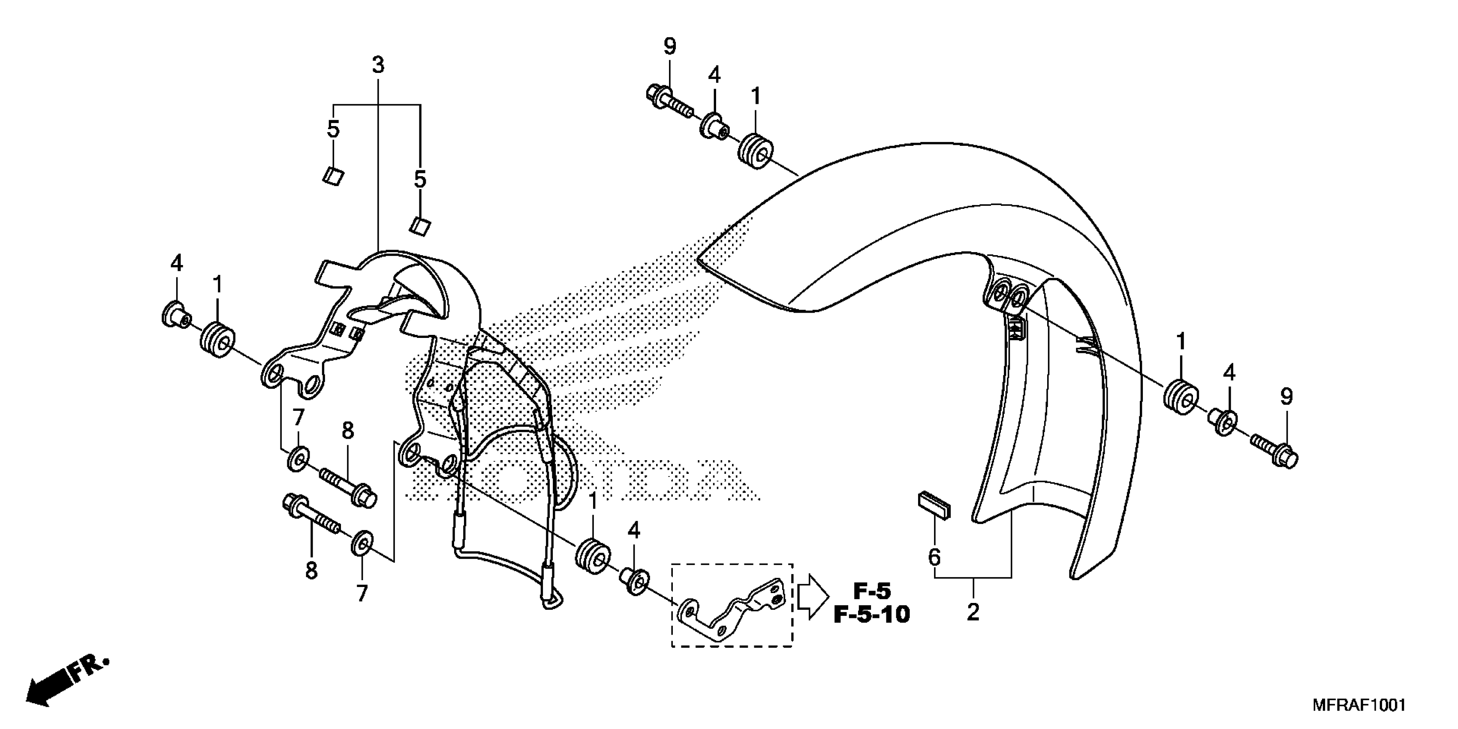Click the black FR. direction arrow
[x=63, y=685]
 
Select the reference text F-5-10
[x=872, y=614]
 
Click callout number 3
[x=378, y=66]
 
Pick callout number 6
[x=934, y=557]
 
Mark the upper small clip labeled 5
[x=333, y=177]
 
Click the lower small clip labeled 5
[x=420, y=225]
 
